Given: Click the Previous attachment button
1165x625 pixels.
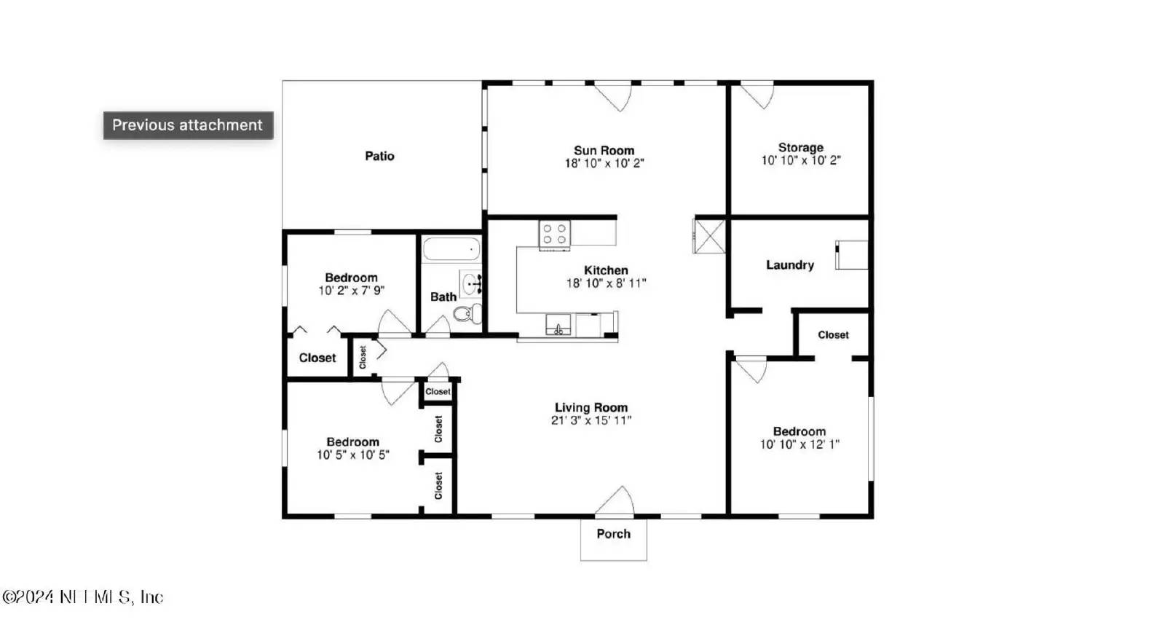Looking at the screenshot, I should tap(188, 125).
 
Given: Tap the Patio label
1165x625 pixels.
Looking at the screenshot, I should tap(379, 156).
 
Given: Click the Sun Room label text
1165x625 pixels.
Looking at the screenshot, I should tap(604, 151).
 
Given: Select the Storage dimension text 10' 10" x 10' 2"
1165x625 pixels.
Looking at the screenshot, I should tap(800, 161).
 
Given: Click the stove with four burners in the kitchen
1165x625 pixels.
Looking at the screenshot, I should tap(554, 235).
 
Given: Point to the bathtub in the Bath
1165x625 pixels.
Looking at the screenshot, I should tap(451, 249).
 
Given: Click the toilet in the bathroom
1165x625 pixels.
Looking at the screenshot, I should tap(467, 314).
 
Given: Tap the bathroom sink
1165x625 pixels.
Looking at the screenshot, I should tap(471, 283).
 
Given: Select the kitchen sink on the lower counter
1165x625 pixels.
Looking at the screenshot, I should tap(558, 325).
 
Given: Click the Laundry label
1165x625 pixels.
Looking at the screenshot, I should tap(789, 265).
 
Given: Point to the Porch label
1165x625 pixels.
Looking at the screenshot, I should tap(613, 534).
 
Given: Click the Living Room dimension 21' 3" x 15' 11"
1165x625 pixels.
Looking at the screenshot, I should tap(591, 420).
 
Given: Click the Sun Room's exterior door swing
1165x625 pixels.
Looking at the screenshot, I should tap(614, 97).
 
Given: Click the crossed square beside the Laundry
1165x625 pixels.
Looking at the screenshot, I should tap(709, 235).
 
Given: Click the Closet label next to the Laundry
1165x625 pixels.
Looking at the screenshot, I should tap(833, 335).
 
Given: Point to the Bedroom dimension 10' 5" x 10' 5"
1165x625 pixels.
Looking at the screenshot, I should tap(352, 455).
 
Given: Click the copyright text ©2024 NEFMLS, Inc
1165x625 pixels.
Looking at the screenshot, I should tap(82, 597).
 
